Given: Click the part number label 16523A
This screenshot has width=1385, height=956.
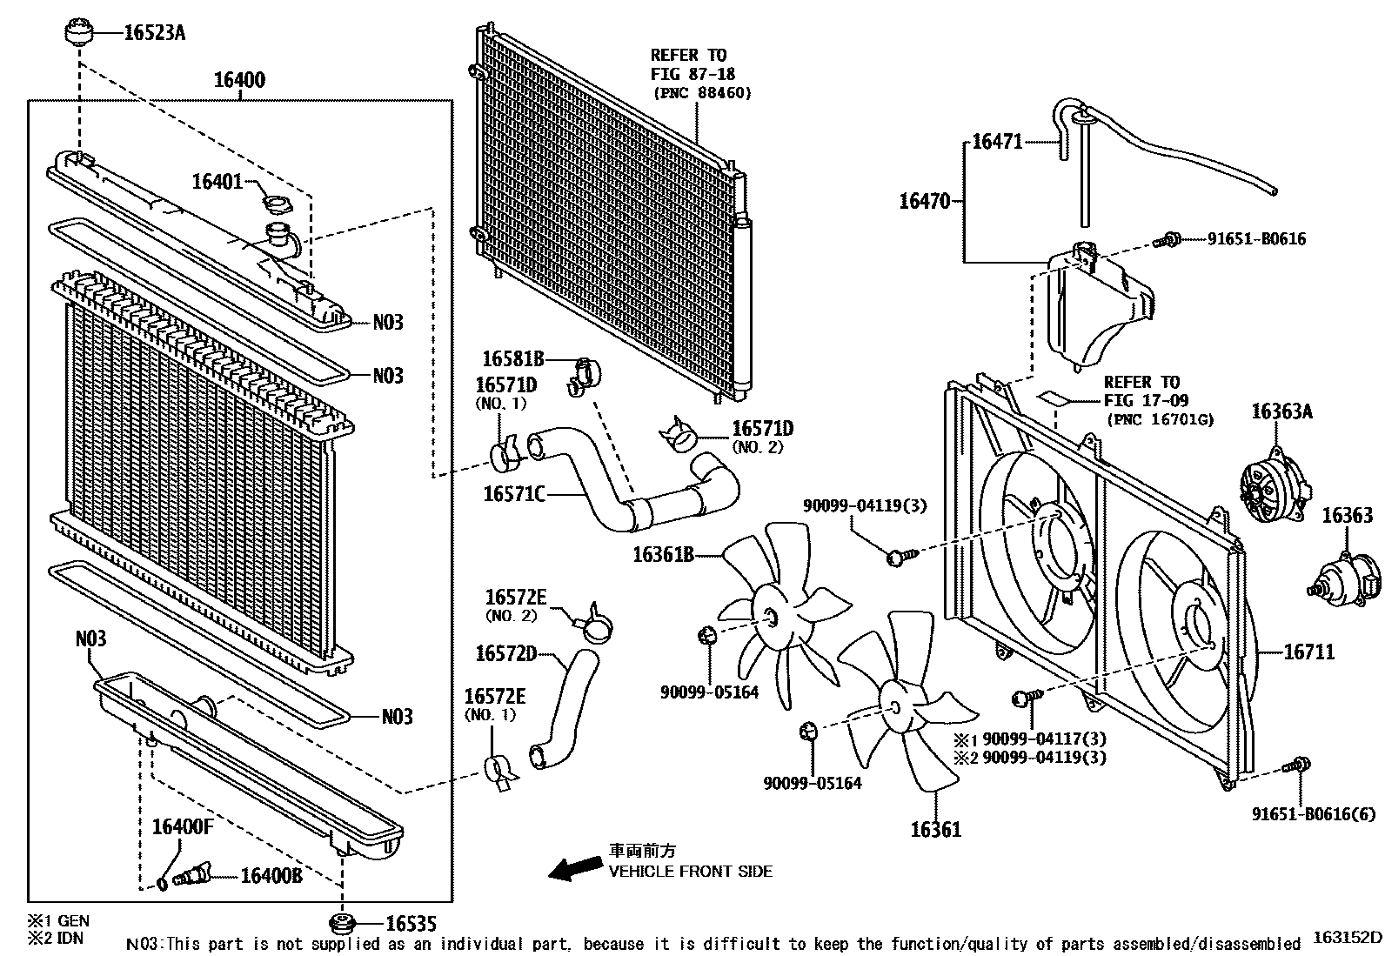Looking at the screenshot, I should pyautogui.click(x=155, y=33).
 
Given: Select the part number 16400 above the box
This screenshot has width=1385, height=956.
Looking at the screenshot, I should pyautogui.click(x=239, y=81).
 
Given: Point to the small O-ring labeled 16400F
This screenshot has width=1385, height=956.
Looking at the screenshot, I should pyautogui.click(x=163, y=884).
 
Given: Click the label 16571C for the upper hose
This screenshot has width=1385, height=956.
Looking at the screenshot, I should pyautogui.click(x=514, y=494).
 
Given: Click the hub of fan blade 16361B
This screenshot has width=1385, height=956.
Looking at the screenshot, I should pyautogui.click(x=770, y=617).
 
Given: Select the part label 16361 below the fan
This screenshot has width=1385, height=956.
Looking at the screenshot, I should pyautogui.click(x=935, y=830).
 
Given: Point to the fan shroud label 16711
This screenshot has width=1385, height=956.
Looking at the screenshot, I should pyautogui.click(x=1308, y=652).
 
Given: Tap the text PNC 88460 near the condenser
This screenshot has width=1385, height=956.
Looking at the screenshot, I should pyautogui.click(x=702, y=93).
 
